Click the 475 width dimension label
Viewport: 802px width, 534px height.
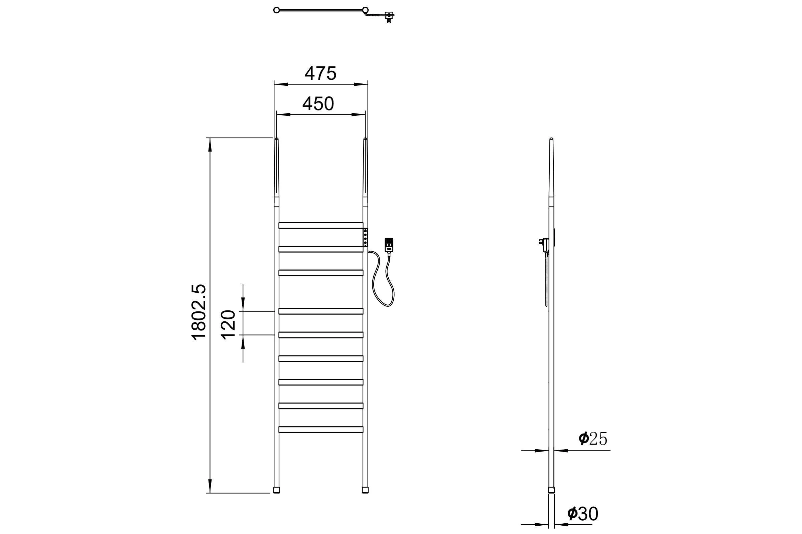click(320, 73)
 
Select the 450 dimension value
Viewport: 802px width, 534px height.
click(318, 104)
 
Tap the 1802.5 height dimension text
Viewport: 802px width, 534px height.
click(199, 312)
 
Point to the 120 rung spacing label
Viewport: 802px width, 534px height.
click(229, 324)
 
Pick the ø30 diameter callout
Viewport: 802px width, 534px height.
click(583, 514)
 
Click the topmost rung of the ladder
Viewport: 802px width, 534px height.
click(321, 226)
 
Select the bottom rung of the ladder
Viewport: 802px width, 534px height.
click(321, 430)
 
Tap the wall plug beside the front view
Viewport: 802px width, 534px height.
click(389, 245)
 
